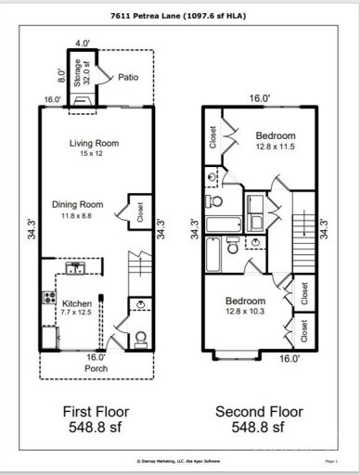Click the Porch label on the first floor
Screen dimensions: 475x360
pos(96,368)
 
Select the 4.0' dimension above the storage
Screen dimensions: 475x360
pos(83,43)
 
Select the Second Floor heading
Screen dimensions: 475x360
pos(259,411)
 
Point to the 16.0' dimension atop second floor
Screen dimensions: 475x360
pos(259,98)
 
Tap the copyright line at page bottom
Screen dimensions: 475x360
pos(180,459)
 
